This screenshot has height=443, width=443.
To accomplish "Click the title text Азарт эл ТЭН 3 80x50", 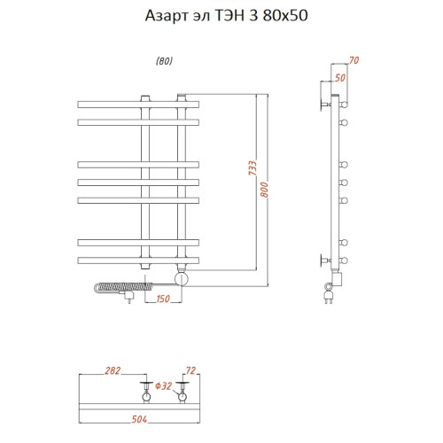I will click(x=221, y=16).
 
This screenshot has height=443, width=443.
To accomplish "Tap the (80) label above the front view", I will click(x=164, y=61).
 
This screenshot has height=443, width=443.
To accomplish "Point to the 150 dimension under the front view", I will click(x=163, y=299).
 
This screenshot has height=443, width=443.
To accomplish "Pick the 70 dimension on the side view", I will click(x=354, y=60).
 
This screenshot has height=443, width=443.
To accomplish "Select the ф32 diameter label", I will click(x=163, y=386).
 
